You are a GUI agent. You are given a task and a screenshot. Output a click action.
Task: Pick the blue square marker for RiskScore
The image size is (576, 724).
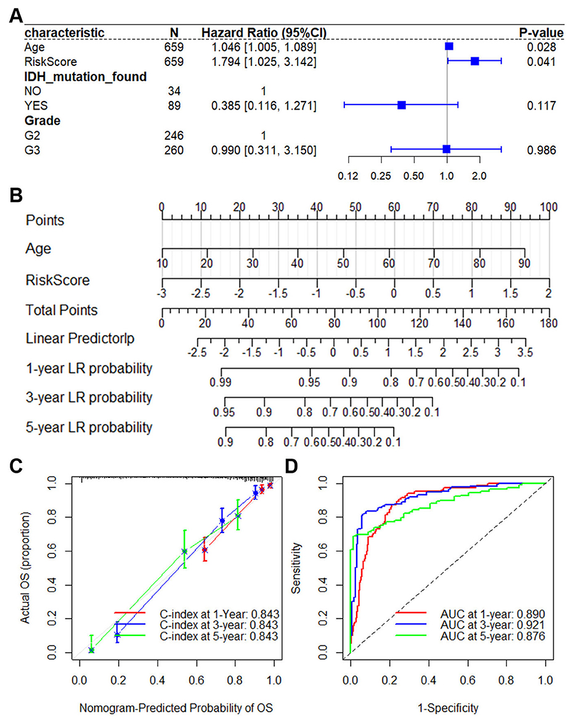474,61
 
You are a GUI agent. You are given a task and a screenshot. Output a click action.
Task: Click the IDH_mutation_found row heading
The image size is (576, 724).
86,76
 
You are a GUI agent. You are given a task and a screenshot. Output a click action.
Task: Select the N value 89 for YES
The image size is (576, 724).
174,106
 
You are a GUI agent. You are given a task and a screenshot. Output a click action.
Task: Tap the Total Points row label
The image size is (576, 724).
61,310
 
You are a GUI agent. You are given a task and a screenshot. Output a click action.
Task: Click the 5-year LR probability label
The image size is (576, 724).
89,427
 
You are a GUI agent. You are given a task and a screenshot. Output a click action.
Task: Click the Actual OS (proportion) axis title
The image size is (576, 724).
25,569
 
